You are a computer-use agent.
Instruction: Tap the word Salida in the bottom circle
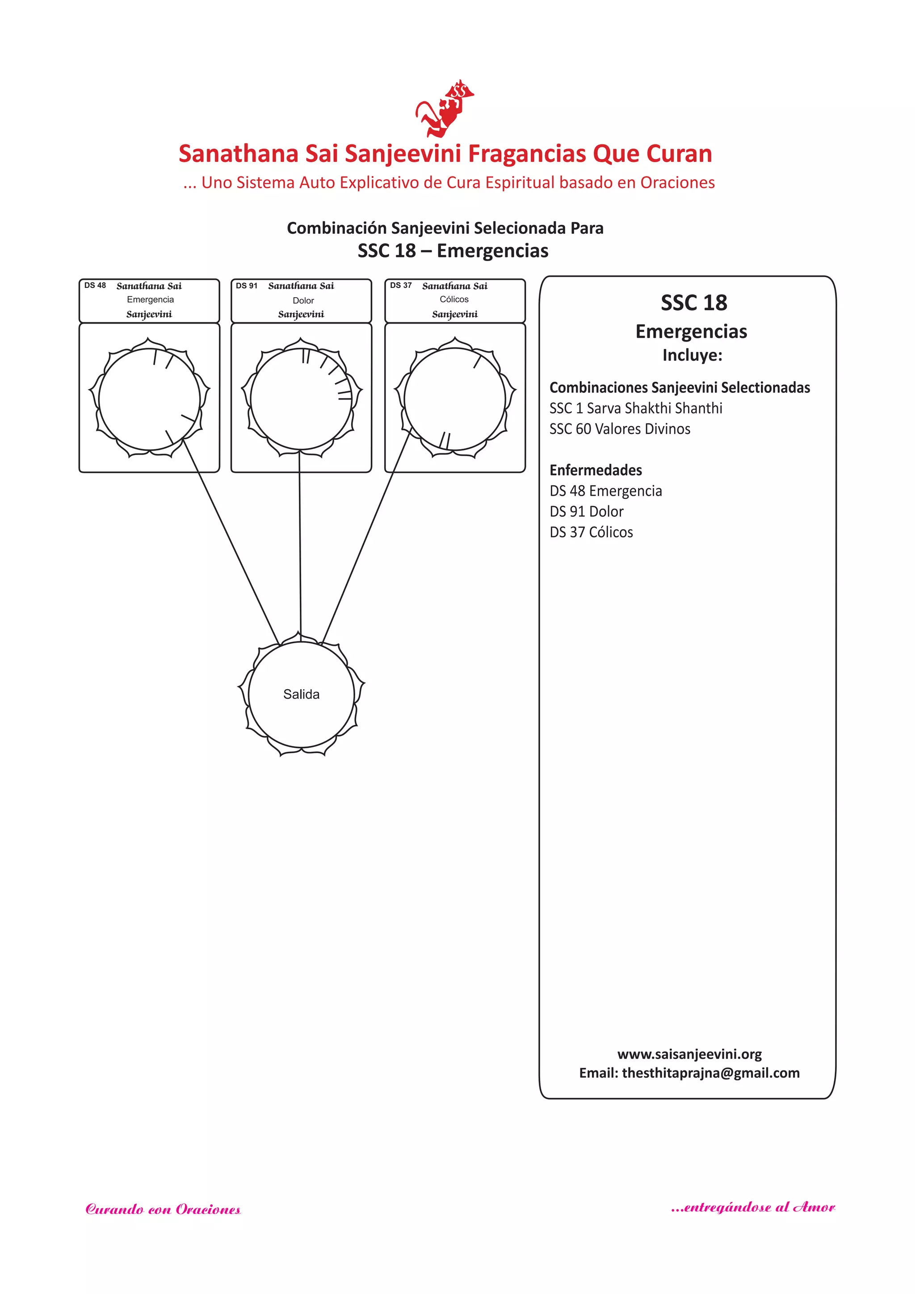coord(302,694)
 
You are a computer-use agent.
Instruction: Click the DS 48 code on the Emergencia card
coord(95,285)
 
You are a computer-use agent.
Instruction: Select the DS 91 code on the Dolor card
coord(246,286)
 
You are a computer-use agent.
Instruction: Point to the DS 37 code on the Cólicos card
coord(401,285)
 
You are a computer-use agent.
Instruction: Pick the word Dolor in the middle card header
coord(303,300)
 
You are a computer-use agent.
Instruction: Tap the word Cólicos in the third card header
coord(454,299)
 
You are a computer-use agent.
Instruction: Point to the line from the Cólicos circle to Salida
coord(365,541)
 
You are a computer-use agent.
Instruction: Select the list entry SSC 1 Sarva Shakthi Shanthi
coord(636,408)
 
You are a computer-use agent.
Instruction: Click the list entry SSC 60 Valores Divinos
coord(620,429)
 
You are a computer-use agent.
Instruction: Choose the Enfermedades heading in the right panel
coord(596,470)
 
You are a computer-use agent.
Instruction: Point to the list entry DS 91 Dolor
coord(587,512)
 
